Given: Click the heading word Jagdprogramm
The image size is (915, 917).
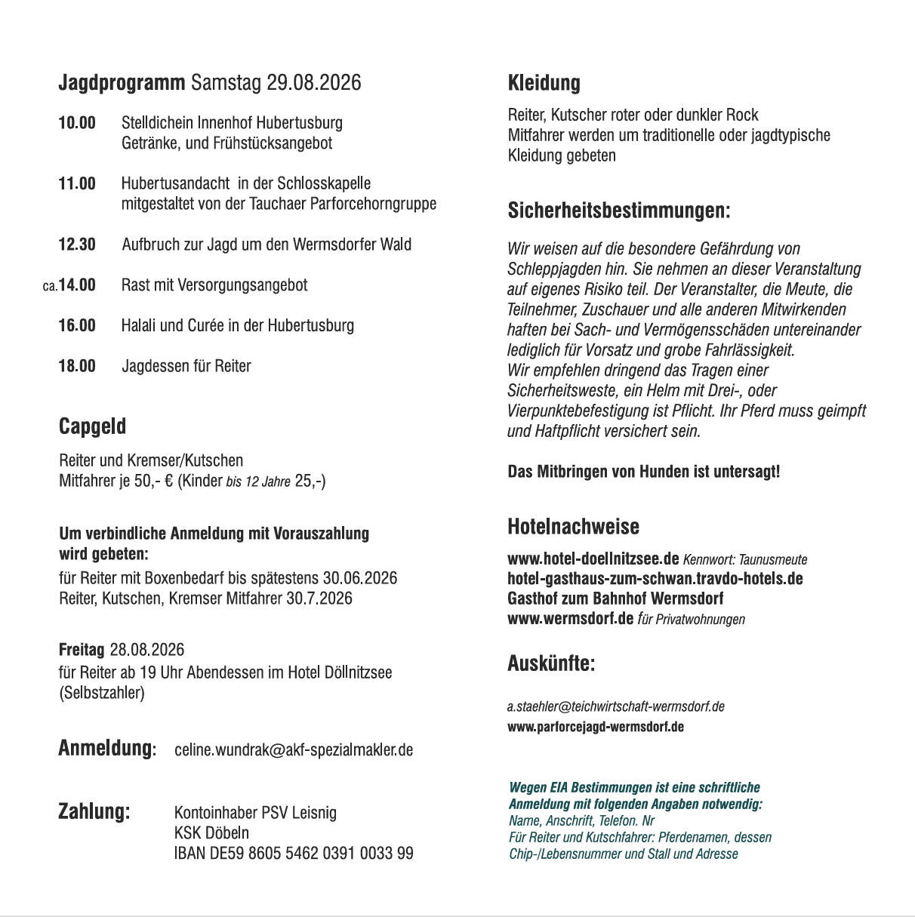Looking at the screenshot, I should pos(122,82).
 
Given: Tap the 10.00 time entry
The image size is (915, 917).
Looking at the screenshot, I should pos(77,123).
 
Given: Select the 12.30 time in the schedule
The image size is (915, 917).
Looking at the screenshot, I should pos(77,245).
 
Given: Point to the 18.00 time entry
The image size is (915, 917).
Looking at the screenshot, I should pos(77,366).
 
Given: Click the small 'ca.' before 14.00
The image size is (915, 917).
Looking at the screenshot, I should pos(50,286).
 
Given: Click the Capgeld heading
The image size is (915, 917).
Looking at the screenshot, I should pos(92,426).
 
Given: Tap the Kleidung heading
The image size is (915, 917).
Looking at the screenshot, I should pos(544,83).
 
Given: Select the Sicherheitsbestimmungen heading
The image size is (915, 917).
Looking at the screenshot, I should pos(619,210).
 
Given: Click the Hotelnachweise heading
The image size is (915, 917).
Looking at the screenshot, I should pos(573,526).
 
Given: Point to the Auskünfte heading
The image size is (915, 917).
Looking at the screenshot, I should pos(551,663).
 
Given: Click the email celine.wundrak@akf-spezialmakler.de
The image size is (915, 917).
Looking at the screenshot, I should pos(294,750).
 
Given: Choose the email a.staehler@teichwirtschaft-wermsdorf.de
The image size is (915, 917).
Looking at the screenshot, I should pos(615,706).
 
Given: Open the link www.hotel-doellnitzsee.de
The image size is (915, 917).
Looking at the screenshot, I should pos(593,559).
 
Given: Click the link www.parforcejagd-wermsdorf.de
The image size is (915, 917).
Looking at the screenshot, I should pos(596,727).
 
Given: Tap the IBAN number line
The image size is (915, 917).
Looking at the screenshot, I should pos(294,854).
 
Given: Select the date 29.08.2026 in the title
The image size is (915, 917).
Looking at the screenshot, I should pos(314,82).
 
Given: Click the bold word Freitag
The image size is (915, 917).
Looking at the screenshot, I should pos(82,650).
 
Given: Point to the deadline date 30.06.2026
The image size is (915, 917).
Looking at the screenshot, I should pos(360,578).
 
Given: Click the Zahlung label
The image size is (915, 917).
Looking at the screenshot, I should pos(94,812).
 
